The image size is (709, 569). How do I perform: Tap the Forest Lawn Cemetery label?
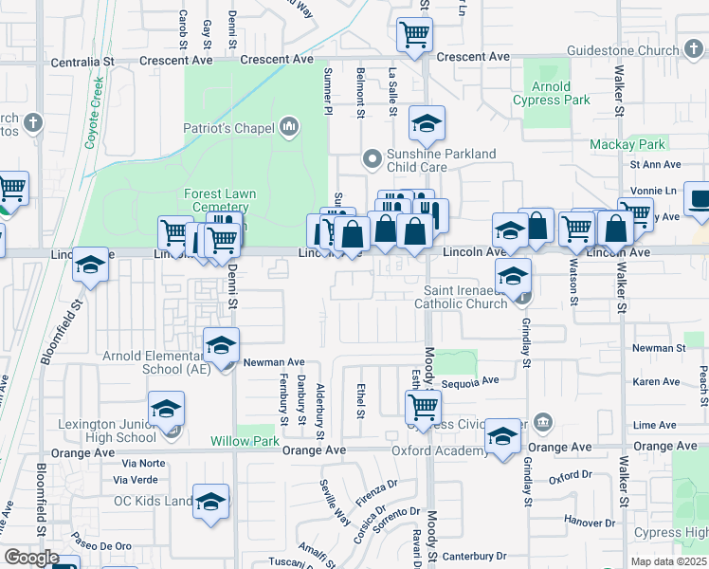[220, 201]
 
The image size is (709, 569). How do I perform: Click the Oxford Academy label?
[438, 450]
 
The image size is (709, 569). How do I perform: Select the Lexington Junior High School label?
[107, 431]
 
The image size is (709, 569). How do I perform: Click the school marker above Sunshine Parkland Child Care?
[427, 123]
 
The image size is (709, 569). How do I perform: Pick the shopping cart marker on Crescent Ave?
[414, 35]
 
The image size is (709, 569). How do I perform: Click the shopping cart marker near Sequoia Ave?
[422, 408]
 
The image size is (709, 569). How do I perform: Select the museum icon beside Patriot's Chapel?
[290, 127]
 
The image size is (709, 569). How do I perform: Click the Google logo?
[30, 558]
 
